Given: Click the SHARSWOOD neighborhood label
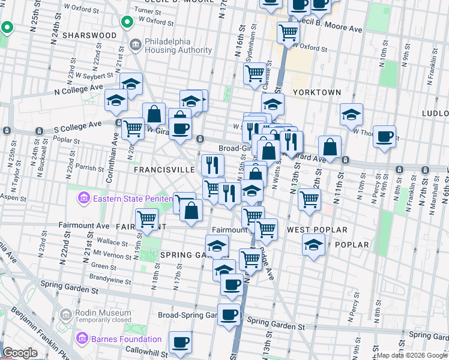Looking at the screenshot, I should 92,35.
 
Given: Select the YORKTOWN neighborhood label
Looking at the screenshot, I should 317,92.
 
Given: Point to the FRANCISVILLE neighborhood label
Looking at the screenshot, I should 164,170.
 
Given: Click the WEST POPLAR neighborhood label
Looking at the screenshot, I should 317,230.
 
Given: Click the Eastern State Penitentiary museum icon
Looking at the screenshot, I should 83,197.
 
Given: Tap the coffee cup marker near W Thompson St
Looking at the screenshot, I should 384,136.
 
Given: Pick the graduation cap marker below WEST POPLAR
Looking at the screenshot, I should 313,245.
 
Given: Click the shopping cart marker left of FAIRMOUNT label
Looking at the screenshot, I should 146,220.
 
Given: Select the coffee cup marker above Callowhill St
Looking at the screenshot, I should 180,342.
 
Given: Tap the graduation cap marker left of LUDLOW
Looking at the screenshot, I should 352,113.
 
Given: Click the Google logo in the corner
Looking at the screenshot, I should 20,353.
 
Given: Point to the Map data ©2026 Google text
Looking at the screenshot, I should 411,355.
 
